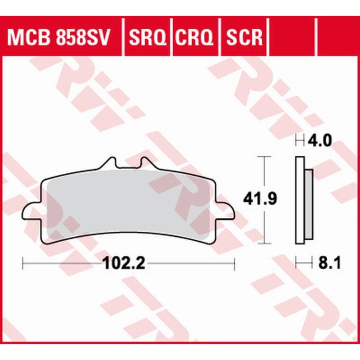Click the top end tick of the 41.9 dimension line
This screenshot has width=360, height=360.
(263, 157)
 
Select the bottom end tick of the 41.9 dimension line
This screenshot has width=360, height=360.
(263, 243)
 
